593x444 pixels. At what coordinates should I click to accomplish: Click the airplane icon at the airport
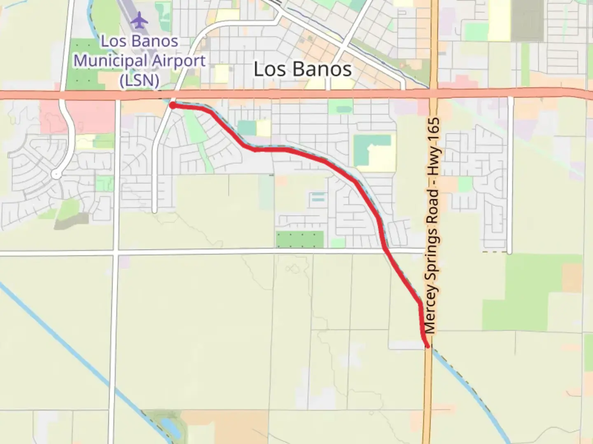click(140, 20)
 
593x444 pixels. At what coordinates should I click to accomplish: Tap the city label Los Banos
click(303, 69)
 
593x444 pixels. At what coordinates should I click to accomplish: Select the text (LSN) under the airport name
click(139, 80)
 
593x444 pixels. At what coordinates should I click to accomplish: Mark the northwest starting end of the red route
click(173, 106)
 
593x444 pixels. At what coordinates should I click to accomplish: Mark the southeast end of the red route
click(428, 346)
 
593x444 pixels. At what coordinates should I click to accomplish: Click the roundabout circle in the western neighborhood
click(56, 175)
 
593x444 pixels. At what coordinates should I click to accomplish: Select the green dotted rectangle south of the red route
click(300, 239)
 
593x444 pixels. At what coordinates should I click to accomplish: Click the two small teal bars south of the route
click(318, 197)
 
